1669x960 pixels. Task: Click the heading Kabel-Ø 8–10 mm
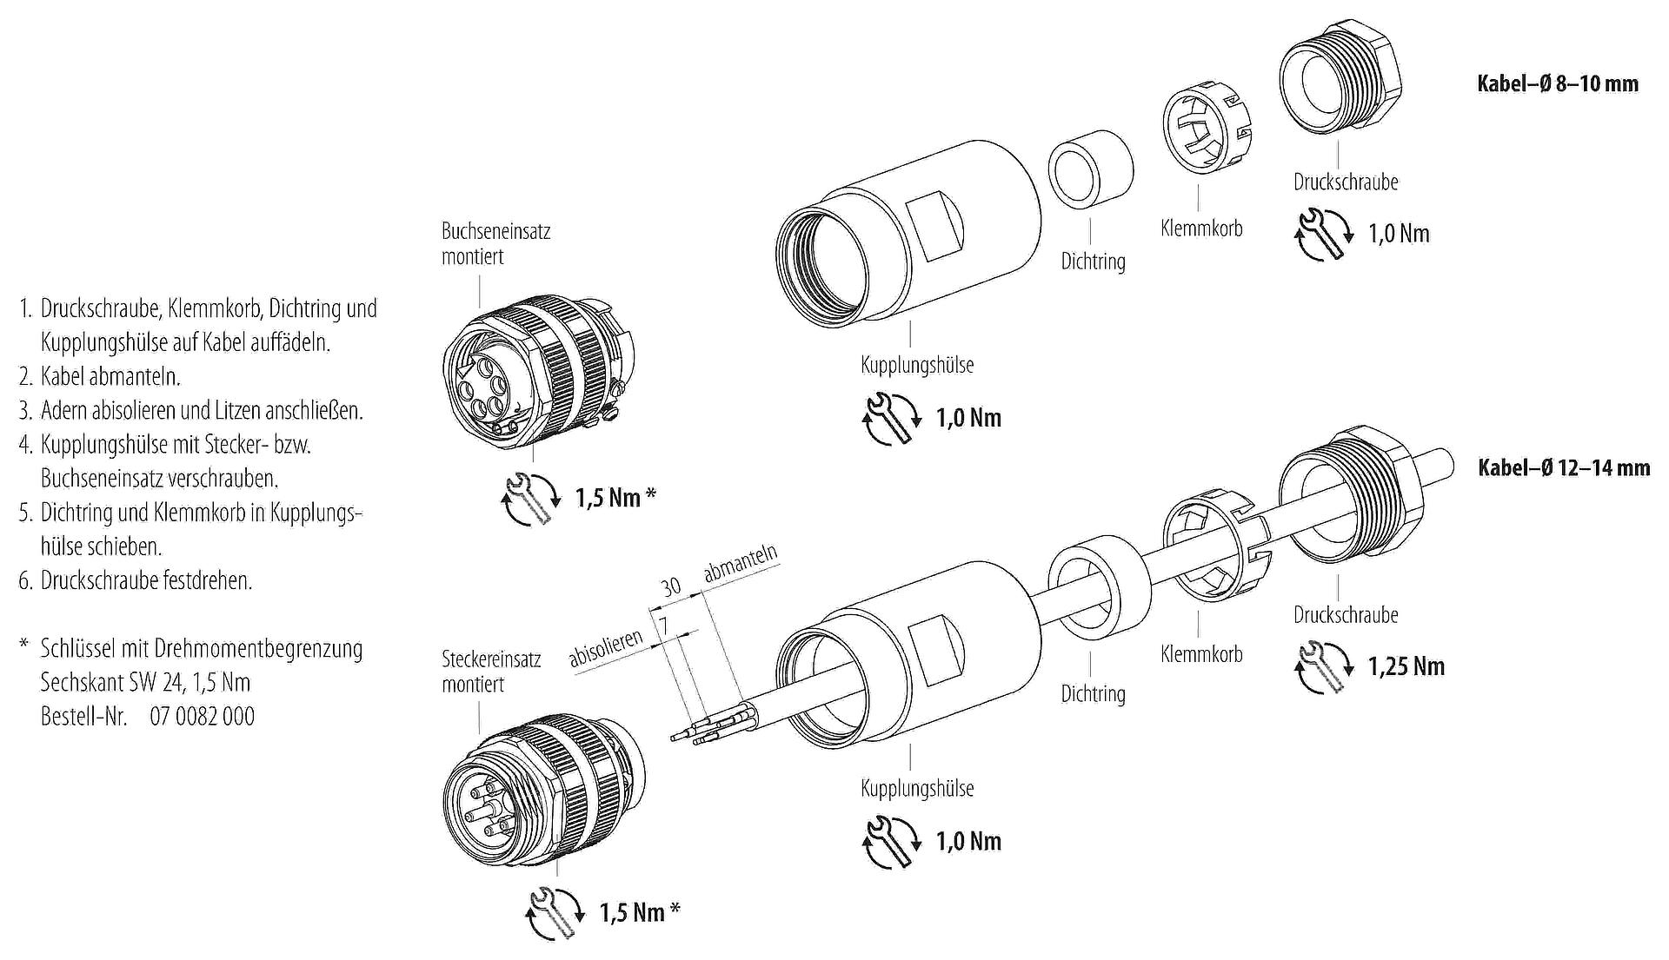pos(1558,84)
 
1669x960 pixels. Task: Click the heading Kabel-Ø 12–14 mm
pos(1564,468)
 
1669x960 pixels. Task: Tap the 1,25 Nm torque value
pos(1406,666)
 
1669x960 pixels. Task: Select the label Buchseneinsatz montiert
pos(495,243)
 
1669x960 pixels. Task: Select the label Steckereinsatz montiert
pos(491,671)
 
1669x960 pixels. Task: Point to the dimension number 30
pos(670,587)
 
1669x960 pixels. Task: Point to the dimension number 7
pos(664,626)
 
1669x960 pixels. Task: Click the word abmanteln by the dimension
pos(740,565)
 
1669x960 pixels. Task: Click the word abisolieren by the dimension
pos(606,649)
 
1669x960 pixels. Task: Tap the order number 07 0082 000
pos(202,716)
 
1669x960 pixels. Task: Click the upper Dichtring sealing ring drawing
pos(1090,169)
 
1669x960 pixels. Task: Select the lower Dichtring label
pos(1093,693)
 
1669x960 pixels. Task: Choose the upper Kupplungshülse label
pos(917,365)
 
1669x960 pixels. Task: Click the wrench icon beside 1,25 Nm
pos(1321,667)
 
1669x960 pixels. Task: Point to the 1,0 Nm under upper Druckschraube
pos(1399,233)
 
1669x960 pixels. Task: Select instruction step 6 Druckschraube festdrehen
pos(136,580)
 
